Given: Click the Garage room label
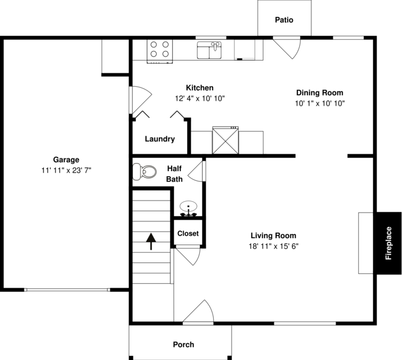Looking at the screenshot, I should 66,159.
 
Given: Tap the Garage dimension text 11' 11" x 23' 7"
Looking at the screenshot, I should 66,170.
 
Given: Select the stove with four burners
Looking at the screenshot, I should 159,50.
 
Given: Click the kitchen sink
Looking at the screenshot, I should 210,50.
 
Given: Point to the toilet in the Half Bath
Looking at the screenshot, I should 144,172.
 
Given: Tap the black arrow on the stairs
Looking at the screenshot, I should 151,241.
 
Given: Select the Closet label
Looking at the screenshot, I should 188,233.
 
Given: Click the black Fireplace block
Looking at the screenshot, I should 389,243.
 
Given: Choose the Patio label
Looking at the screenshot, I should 284,20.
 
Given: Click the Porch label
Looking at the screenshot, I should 184,344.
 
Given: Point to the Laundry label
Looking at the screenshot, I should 159,139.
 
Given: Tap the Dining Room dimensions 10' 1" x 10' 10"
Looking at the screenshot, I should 319,103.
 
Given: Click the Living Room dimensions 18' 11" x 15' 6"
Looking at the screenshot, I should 273,246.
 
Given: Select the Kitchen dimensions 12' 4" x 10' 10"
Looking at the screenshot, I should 199,98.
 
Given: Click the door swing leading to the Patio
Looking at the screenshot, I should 287,49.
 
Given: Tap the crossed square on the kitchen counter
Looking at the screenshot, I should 225,140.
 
